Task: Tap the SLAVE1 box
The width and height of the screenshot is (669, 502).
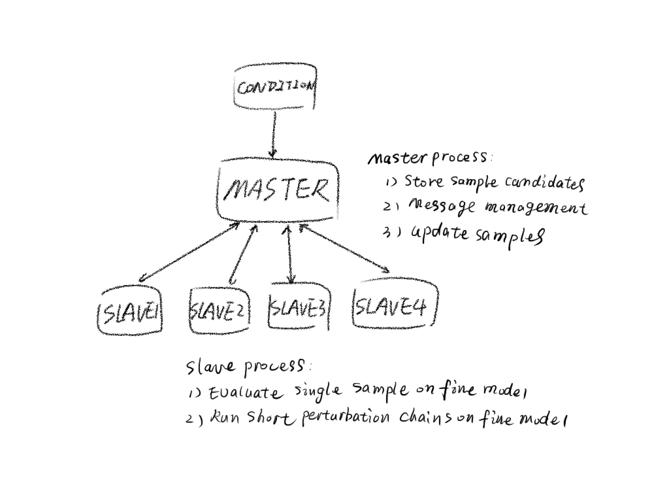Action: (x=129, y=312)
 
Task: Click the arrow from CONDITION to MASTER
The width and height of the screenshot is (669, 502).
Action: (x=274, y=134)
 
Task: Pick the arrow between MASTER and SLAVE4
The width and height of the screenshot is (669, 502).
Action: (x=344, y=248)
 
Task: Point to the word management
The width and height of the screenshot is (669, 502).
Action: (x=536, y=209)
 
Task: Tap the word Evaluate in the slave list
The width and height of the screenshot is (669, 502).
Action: (x=246, y=393)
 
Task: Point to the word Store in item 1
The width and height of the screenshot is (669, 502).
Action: (x=423, y=181)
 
